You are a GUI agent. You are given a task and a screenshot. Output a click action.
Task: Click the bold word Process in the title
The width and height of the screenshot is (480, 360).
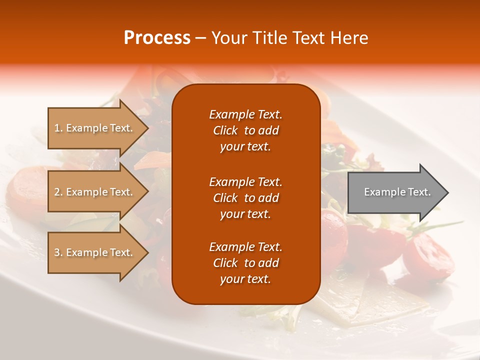click(x=157, y=38)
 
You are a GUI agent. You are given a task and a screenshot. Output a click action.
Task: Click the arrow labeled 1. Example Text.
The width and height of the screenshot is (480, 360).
click(x=95, y=128)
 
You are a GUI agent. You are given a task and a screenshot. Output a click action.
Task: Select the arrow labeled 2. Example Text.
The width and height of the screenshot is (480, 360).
click(x=95, y=192)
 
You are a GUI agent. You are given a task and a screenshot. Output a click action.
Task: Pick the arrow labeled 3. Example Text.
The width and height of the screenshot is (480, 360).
click(x=95, y=252)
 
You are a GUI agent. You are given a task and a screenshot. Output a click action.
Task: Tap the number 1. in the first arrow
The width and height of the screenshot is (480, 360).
click(x=58, y=128)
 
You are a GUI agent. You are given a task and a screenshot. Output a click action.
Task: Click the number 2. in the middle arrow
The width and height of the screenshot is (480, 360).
click(x=58, y=192)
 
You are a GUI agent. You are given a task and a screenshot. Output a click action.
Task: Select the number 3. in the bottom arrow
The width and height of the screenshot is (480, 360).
click(x=58, y=252)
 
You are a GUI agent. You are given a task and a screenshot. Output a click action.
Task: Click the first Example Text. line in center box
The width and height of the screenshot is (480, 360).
click(x=245, y=114)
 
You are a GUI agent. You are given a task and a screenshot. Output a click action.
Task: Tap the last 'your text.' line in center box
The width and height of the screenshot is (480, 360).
click(x=245, y=279)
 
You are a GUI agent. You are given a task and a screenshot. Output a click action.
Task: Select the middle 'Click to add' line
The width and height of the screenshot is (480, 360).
click(x=245, y=198)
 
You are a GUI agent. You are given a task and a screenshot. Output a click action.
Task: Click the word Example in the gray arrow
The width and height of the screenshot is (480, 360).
click(x=381, y=192)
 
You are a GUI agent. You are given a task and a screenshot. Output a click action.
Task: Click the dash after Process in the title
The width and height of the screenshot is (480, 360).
click(x=200, y=38)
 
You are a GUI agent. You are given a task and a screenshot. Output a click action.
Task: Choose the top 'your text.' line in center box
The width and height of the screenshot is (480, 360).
click(x=245, y=146)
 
